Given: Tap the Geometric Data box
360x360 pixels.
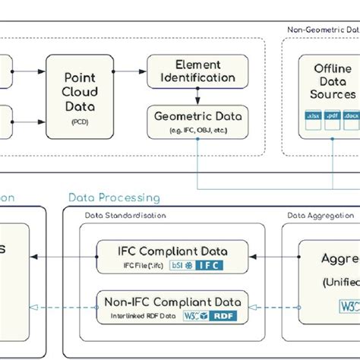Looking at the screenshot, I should tap(197, 122).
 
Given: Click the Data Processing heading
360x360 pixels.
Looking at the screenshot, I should tap(114, 198).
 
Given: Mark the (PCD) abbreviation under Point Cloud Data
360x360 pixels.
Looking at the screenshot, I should tap(79, 121).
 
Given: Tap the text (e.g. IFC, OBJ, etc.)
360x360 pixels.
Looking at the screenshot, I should tap(197, 131).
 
